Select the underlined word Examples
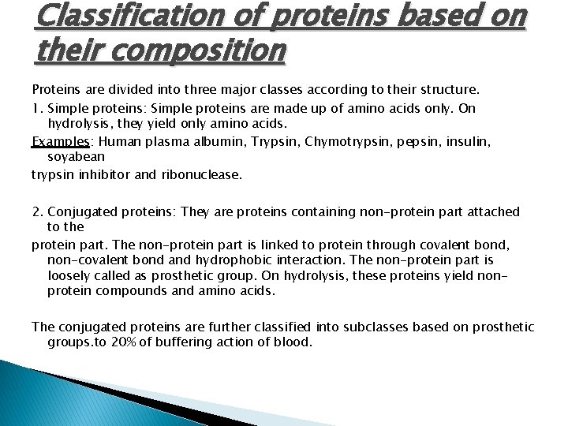coord(61,142)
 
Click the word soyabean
coord(76,158)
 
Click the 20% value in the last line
coord(144,342)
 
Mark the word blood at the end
coord(295,342)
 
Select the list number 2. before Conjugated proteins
coord(38,211)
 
